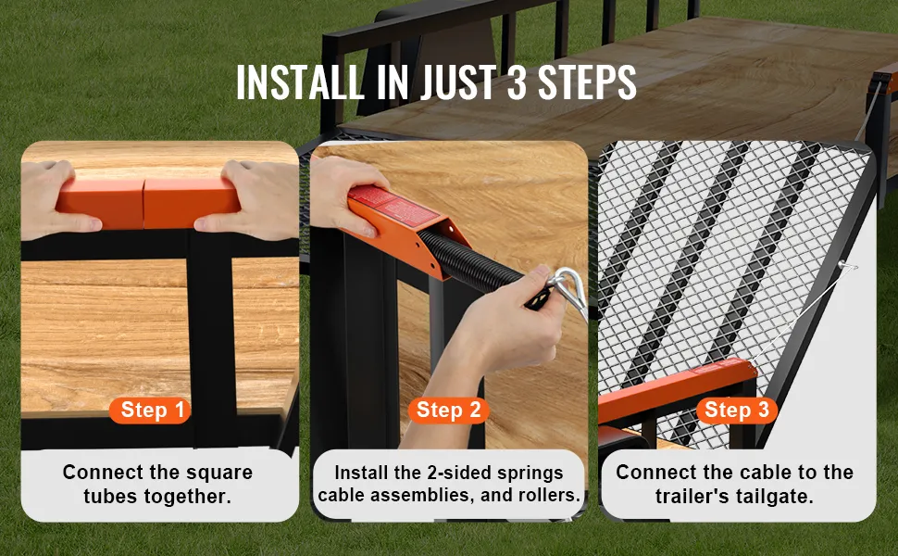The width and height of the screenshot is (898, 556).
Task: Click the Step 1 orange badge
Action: tap(150, 410)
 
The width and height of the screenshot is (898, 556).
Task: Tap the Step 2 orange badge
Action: tap(448, 410)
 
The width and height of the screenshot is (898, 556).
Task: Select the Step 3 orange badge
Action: tap(737, 410)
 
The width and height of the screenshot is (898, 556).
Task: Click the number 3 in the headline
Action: tap(516, 82)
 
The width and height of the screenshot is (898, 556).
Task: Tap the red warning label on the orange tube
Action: tap(394, 206)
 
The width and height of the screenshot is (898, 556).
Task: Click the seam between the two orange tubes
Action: tap(143, 204)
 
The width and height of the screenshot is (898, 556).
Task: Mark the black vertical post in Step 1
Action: tap(211, 338)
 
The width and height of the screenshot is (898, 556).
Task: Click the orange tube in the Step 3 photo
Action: tap(676, 390)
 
